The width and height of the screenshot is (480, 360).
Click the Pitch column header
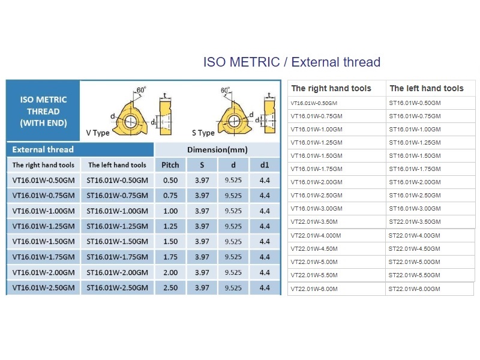170,165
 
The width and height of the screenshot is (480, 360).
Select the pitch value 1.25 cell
170,226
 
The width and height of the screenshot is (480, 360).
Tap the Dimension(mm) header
217,149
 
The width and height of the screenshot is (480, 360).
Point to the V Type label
98,133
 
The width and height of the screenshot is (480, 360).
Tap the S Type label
203,133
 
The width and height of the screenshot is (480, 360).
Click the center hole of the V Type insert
131,121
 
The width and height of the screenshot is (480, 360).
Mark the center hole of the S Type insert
235,121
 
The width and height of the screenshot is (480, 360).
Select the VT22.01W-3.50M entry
314,221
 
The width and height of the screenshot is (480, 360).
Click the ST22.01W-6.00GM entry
414,289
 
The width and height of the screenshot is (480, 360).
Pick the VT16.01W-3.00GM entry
317,208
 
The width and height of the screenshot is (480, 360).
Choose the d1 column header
265,165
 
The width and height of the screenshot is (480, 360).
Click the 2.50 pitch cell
170,288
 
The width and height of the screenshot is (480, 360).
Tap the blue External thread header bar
80,149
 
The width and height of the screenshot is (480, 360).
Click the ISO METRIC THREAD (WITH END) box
43,111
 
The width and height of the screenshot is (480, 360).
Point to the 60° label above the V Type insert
141,90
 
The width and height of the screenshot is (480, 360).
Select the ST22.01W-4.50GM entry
414,248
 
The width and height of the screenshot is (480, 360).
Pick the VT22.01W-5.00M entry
314,262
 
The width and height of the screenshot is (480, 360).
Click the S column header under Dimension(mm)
202,165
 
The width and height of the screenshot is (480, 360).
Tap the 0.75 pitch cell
170,196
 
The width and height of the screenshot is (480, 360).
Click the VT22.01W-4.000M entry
316,235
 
